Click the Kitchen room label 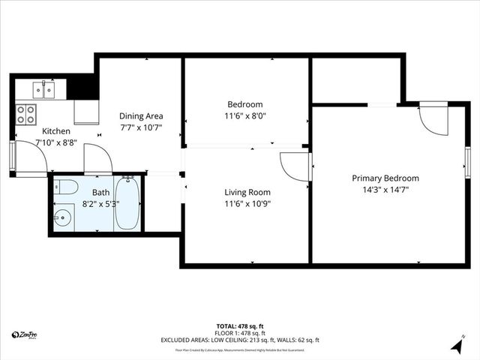[x=55, y=130]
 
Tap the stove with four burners [x=27, y=114]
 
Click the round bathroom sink [x=61, y=220]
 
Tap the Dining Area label [x=141, y=116]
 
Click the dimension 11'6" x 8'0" [x=245, y=116]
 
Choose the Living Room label [x=247, y=192]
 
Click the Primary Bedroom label [x=385, y=178]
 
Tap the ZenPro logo [x=25, y=334]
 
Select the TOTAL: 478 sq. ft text [x=240, y=326]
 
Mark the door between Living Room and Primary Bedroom [x=295, y=166]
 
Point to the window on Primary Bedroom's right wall [x=467, y=160]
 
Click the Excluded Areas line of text [x=240, y=340]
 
